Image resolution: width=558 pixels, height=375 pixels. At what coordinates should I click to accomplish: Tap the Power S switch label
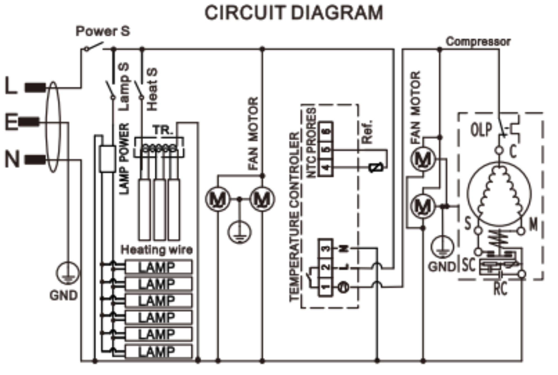coord(103,31)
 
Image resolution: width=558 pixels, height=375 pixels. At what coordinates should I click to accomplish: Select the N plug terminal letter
coord(12,159)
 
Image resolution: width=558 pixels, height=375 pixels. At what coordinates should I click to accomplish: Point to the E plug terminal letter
coord(11,122)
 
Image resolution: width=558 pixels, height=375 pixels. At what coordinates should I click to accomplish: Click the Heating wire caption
coord(157,250)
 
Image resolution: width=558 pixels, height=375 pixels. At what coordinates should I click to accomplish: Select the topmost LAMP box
coord(158,267)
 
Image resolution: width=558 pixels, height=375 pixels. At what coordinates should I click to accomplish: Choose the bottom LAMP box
coord(158,351)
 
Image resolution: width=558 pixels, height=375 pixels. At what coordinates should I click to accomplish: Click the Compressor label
coord(478,42)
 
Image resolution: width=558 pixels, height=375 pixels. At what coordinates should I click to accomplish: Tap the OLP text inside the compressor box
coord(481,130)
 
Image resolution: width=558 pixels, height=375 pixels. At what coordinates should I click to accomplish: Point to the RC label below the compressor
coord(500,289)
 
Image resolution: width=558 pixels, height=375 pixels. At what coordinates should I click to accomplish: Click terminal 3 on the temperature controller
coord(326,248)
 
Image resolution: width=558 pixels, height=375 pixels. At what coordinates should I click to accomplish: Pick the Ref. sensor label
coord(367,132)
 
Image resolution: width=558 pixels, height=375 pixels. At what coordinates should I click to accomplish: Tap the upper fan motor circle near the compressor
coord(423,159)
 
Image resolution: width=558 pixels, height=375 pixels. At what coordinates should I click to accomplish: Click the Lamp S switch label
coord(124,86)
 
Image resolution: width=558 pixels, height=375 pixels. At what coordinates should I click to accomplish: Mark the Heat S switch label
coord(152,89)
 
